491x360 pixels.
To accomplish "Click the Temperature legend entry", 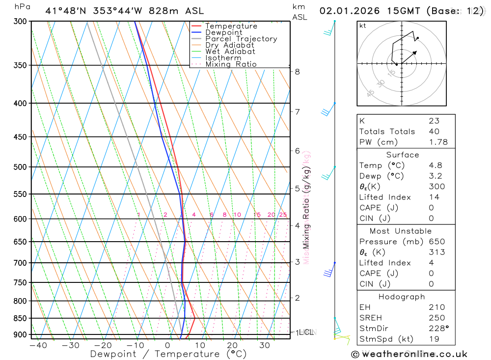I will tap(231, 26).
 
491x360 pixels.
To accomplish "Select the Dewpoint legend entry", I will tap(223, 32).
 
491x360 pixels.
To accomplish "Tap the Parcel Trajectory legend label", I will tap(241, 39).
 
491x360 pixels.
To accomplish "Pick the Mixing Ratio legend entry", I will tap(231, 64).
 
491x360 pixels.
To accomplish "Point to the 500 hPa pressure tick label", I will tap(20, 167).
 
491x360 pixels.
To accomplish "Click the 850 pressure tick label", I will tap(20, 318).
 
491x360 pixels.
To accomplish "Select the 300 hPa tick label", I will tap(20, 22).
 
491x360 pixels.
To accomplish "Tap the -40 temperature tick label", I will tap(38, 345).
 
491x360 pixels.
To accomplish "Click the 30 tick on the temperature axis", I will tap(265, 345).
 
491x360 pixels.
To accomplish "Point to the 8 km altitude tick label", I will tap(298, 72).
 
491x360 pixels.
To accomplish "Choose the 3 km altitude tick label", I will tap(298, 262).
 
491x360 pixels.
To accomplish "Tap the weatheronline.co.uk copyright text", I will tap(409, 354).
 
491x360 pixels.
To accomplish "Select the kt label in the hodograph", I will tap(363, 26).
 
